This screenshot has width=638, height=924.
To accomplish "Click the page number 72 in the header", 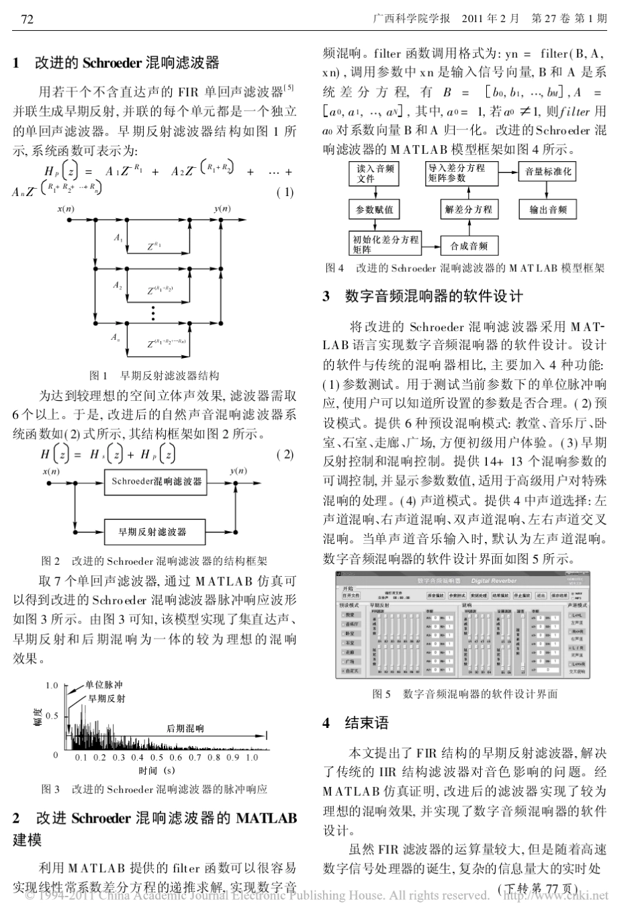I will pos(28,19).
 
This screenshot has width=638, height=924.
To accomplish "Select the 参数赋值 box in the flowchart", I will pos(375,210).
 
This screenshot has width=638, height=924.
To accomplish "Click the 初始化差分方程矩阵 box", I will pos(385,244).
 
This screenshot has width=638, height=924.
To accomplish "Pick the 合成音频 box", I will pos(469,246).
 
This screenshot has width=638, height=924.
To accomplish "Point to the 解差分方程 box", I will pos(468,210).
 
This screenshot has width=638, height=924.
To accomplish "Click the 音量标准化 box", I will pos(548,172).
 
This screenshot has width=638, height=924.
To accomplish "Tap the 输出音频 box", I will pos(548,210).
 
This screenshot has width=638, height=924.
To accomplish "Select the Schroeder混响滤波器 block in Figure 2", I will pos(156,481).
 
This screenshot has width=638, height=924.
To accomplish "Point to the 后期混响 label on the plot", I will pos(185,729).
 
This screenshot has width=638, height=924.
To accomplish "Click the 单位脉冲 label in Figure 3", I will pos(104,686).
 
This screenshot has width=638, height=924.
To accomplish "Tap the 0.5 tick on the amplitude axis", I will pos(52,716).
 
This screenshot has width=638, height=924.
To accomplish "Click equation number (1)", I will pos(285,193).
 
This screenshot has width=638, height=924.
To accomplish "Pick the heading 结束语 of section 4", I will pos(367,723).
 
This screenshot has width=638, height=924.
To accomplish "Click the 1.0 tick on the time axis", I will pos(251,757).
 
